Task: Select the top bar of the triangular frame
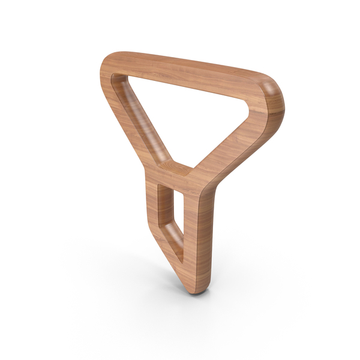192,71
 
